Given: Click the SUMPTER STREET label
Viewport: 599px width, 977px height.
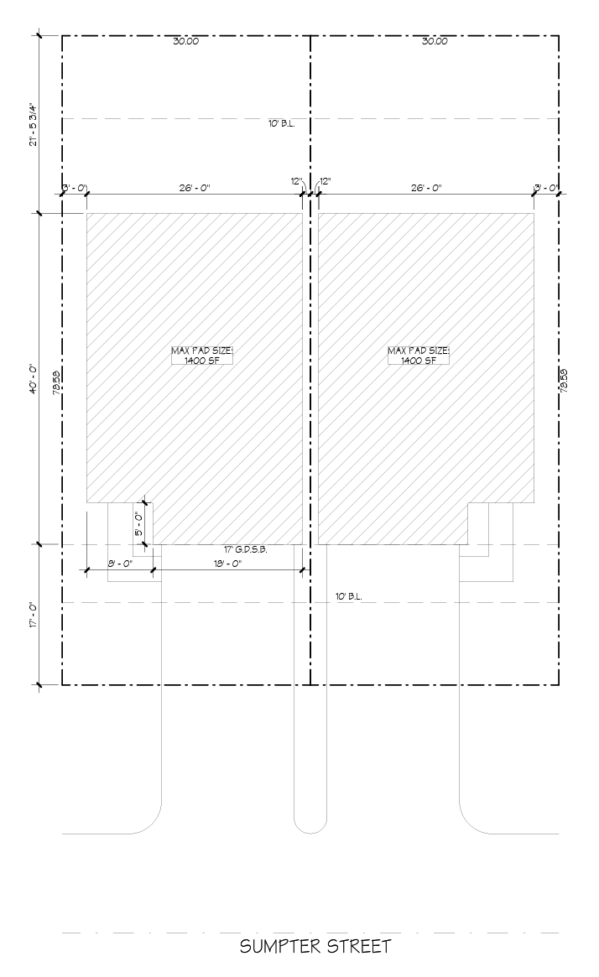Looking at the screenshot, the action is tap(315, 947).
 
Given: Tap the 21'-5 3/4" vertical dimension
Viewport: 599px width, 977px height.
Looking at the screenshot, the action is tap(34, 124).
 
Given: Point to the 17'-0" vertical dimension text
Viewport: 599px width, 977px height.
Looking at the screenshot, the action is tap(34, 615).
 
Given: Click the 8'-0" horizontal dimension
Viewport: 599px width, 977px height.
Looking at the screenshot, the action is tap(119, 564).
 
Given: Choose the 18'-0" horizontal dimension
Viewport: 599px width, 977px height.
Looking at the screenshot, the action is tap(227, 564).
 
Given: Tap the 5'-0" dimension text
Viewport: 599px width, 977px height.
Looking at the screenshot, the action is tap(139, 524).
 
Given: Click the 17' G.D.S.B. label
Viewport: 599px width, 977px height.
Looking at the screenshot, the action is tap(246, 549).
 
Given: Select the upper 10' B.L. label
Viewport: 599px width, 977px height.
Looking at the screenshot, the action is tap(282, 123).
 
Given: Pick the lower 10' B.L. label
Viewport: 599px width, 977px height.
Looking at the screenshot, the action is tap(348, 596).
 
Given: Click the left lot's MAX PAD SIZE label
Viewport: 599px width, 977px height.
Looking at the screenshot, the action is tap(202, 356).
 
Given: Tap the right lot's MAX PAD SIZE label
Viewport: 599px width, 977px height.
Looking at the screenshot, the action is tap(419, 356).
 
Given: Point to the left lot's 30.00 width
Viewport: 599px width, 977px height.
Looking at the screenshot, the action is tap(185, 41).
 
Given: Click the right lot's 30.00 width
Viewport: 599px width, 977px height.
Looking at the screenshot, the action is tap(435, 41).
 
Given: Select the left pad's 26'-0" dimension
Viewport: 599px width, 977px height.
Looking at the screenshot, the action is tap(195, 187).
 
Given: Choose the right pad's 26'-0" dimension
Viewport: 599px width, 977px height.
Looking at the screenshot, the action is tap(425, 187).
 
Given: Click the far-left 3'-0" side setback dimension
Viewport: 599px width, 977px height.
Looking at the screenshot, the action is tap(74, 188).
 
